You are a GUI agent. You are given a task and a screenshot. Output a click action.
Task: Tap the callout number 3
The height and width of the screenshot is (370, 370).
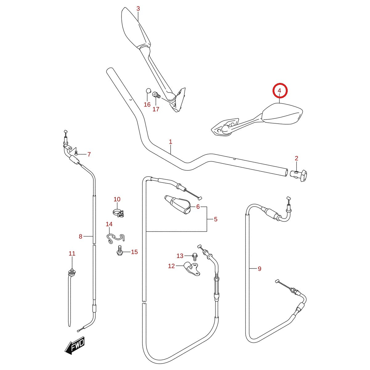click(x=138, y=9)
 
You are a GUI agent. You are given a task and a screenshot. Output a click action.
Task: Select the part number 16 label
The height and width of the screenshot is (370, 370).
click(x=147, y=105)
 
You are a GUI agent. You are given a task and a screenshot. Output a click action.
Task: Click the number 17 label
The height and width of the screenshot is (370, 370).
click(x=156, y=109)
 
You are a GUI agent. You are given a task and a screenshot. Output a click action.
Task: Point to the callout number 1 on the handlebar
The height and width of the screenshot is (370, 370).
click(x=171, y=142)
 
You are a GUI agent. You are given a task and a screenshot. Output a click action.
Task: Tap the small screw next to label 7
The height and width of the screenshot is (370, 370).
click(x=76, y=153)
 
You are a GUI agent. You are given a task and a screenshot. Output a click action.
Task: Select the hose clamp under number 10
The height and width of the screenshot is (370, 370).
click(x=118, y=213)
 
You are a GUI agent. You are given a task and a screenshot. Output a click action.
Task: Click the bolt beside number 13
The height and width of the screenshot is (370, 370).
click(x=195, y=256)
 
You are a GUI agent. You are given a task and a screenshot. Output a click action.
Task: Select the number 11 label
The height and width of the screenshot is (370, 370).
click(x=72, y=253)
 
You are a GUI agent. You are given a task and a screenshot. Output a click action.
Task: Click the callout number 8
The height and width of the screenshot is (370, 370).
click(x=80, y=236)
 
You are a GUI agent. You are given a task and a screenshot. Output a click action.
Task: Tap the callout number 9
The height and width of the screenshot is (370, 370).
click(x=260, y=269)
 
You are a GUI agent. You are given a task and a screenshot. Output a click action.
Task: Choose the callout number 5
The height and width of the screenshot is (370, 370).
click(x=216, y=219)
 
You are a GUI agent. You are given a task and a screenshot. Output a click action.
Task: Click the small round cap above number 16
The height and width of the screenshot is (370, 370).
click(x=148, y=91)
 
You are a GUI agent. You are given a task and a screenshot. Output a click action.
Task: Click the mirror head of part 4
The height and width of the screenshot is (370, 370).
click(x=282, y=113)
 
